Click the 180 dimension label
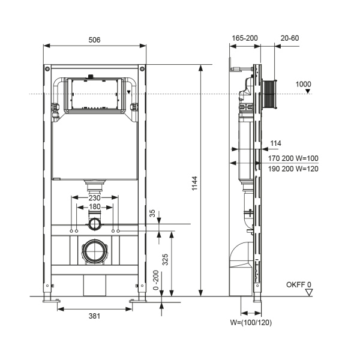click(95, 207)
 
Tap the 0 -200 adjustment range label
click(156, 281)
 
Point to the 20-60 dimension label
click(290, 38)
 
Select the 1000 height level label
click(304, 84)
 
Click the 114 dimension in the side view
click(275, 143)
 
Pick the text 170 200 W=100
click(294, 158)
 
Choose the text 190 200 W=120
click(294, 169)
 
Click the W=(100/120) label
click(251, 322)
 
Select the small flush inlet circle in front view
click(95, 224)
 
